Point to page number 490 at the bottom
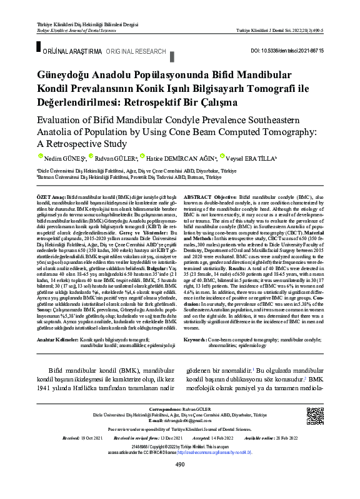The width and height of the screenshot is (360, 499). point(180,481)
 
